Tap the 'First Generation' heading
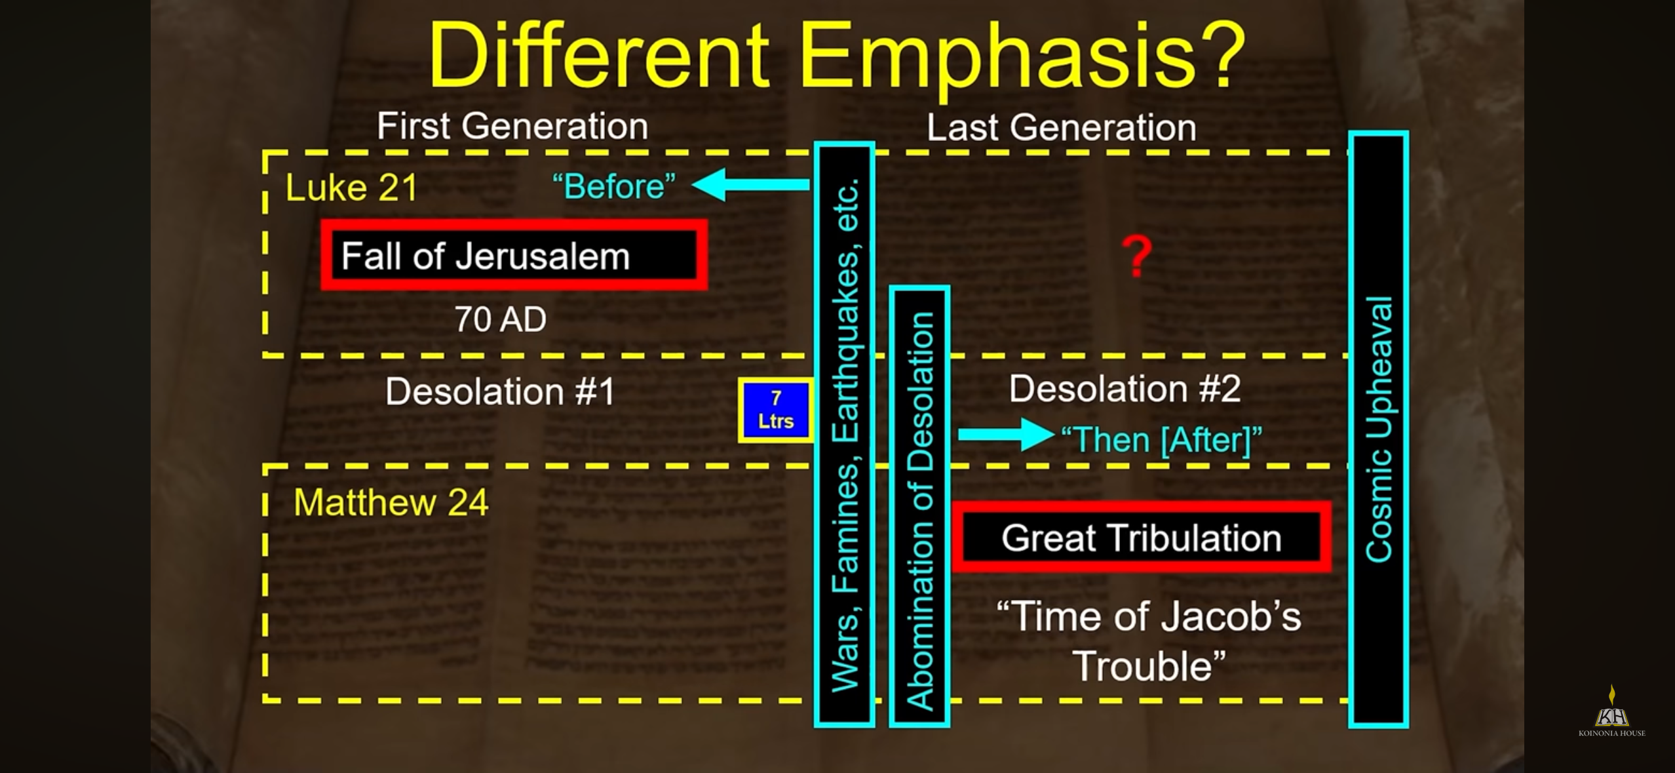[x=512, y=126]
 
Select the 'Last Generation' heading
[x=1061, y=127]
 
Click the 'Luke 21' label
[x=351, y=188]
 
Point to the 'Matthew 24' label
[x=391, y=503]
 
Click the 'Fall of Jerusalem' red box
[x=514, y=255]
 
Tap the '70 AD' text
[x=501, y=319]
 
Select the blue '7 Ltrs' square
[x=776, y=410]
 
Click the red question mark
[x=1137, y=256]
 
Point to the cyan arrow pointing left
[x=751, y=184]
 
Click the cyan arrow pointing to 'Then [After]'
[x=1006, y=435]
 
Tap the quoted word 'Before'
[x=614, y=186]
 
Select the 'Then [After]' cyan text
[x=1161, y=440]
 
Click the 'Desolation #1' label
[x=500, y=391]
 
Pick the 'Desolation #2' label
[x=1125, y=389]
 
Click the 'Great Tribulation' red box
[x=1142, y=538]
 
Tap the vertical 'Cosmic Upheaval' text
[x=1379, y=429]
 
